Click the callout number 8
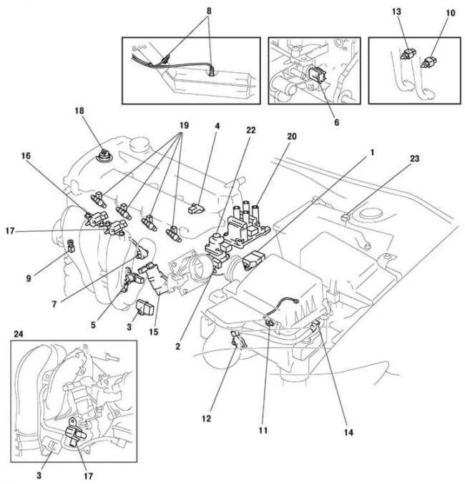pos(209,12)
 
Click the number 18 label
pos(80,111)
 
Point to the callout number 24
pos(17,334)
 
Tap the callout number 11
pos(263,432)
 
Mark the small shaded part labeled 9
pos(71,247)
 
